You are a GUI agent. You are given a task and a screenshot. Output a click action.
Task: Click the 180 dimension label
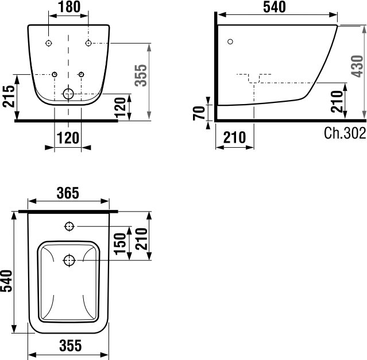(x=69, y=7)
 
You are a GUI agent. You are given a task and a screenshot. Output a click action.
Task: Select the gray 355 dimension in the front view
(x=142, y=75)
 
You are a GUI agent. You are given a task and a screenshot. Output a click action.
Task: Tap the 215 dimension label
(x=9, y=97)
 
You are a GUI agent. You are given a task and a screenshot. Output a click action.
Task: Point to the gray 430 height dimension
(x=357, y=66)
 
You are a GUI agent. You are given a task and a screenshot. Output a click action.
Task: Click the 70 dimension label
(x=199, y=113)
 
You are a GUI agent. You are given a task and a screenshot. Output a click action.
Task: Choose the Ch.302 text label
(x=345, y=133)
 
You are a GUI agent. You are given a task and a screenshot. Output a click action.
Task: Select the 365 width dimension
(x=68, y=193)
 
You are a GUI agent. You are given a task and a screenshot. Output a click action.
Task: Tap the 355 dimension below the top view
(x=71, y=346)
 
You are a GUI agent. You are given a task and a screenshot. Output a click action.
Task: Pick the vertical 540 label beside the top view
(x=6, y=281)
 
